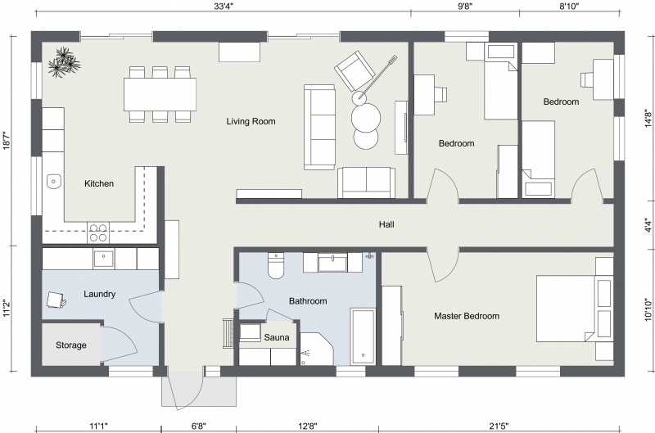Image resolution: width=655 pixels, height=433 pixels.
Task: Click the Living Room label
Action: pos(251,122)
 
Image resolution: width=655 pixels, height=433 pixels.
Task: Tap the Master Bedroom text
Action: pos(466,316)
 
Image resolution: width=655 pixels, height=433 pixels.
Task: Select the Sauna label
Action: pos(275,337)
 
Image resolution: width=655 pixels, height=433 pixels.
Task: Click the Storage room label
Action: pos(71,345)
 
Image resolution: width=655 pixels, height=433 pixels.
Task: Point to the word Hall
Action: pos(387,224)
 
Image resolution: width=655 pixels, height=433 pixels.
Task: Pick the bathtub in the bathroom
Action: pos(363,336)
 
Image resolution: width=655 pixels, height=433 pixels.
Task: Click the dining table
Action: pos(160,93)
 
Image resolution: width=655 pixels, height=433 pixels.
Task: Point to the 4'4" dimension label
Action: pos(648,223)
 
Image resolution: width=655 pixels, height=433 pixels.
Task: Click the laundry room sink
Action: pos(104,259)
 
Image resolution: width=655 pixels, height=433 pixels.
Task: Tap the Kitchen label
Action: pos(99,184)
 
